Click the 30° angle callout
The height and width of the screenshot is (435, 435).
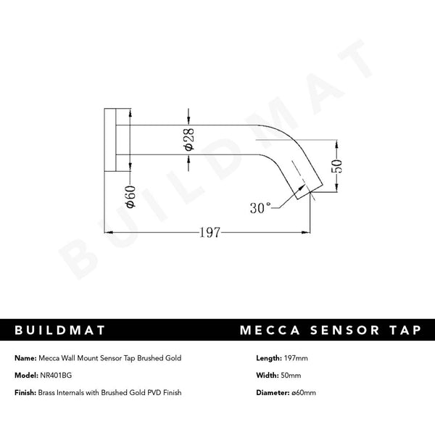(261, 208)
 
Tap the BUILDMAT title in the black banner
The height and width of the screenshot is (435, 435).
(60, 331)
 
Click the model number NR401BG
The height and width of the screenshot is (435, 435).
(58, 375)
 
